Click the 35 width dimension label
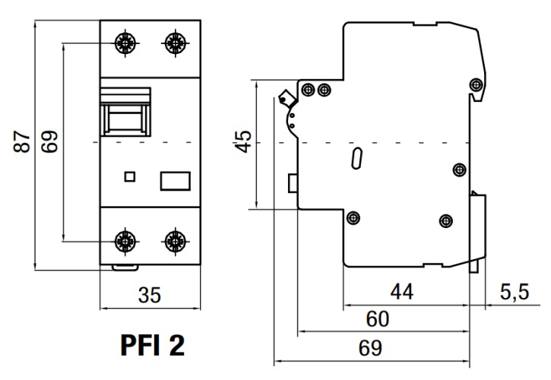pyautogui.click(x=150, y=294)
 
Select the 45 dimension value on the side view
pyautogui.click(x=242, y=141)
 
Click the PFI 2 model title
pyautogui.click(x=152, y=346)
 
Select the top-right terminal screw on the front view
pyautogui.click(x=176, y=43)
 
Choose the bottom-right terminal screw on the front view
pyautogui.click(x=176, y=242)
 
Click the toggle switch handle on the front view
pyautogui.click(x=128, y=112)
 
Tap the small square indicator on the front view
pyautogui.click(x=130, y=177)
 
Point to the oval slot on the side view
pyautogui.click(x=356, y=160)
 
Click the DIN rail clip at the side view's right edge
pyautogui.click(x=477, y=232)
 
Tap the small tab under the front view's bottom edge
pyautogui.click(x=125, y=267)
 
